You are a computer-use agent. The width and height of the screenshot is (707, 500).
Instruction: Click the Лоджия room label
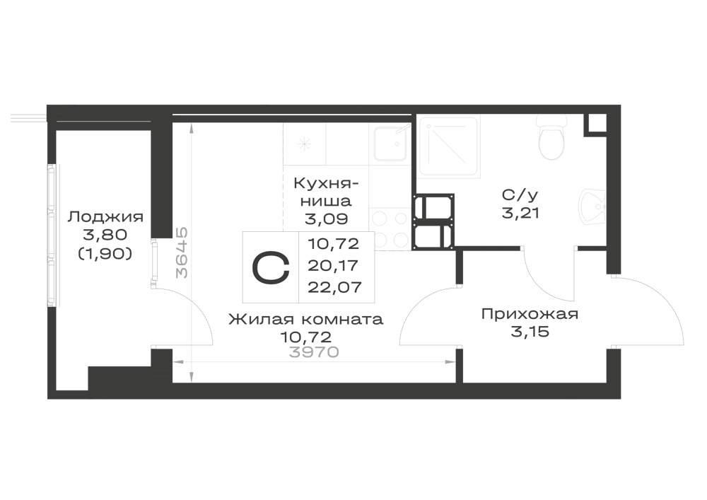(x=105, y=217)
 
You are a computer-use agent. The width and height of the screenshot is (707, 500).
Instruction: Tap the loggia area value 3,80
(x=105, y=235)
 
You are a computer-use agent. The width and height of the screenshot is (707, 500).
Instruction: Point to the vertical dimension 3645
(x=182, y=252)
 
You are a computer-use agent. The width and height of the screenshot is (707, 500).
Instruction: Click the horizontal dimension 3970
(x=314, y=352)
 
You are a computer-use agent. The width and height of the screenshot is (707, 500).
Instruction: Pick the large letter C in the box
(x=271, y=267)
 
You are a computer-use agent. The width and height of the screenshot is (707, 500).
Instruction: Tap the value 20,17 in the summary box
(x=333, y=265)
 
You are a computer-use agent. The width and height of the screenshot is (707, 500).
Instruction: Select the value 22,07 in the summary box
(x=334, y=286)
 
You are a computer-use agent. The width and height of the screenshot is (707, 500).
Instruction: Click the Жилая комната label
(x=305, y=320)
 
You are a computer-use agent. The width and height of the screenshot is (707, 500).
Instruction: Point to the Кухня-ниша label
(x=327, y=192)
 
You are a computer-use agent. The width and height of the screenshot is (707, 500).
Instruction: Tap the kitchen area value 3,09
(x=327, y=219)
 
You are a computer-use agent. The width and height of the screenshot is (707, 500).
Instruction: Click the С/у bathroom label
(x=520, y=195)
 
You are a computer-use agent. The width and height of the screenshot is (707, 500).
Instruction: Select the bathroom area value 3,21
(x=521, y=212)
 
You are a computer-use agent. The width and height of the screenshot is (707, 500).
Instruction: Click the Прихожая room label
(x=530, y=314)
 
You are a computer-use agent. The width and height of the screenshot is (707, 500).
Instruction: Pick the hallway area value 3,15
(x=530, y=332)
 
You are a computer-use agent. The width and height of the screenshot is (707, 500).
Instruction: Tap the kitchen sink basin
(x=390, y=144)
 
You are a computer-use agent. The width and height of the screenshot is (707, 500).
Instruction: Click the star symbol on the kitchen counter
(x=305, y=144)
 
